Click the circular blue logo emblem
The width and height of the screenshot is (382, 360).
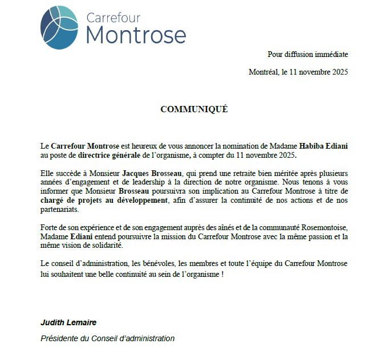59,27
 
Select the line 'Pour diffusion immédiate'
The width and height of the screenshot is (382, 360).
307,55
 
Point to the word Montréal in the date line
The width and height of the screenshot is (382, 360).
265,72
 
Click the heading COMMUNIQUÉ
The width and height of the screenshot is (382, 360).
194,109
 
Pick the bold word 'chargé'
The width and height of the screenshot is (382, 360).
55,201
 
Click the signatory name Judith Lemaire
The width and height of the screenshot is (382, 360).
68,322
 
